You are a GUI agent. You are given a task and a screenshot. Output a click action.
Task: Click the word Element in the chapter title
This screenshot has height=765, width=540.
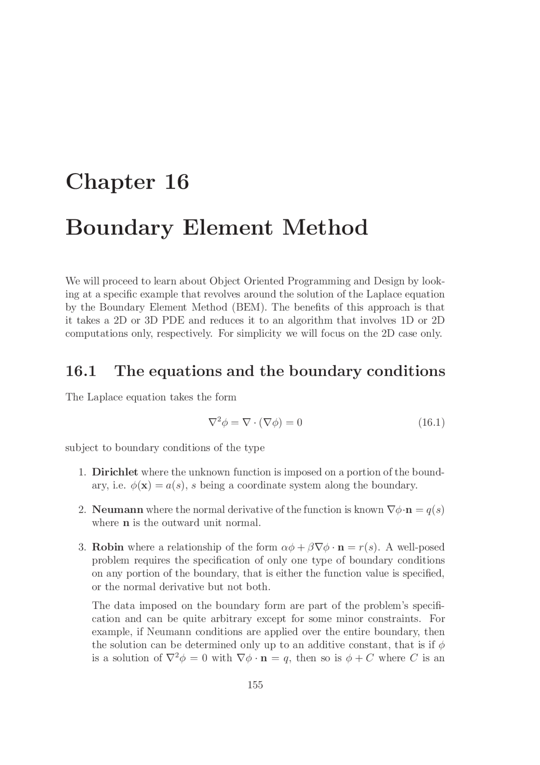(x=227, y=228)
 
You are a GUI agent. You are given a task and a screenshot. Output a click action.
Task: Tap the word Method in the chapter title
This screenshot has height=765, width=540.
(x=325, y=228)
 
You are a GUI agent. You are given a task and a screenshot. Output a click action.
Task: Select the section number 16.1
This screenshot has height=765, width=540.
(x=81, y=371)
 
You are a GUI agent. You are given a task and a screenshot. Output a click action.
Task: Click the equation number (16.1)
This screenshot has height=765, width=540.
(x=431, y=422)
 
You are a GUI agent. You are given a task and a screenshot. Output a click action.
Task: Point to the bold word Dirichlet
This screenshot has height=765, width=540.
(x=115, y=472)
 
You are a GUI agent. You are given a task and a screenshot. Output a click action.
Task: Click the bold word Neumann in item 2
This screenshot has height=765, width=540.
(x=118, y=510)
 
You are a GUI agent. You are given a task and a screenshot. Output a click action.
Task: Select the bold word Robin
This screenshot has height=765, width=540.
(x=108, y=547)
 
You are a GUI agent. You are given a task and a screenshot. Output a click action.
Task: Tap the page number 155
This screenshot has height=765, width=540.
(x=255, y=685)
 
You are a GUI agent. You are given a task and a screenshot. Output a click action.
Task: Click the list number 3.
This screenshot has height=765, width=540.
(x=82, y=547)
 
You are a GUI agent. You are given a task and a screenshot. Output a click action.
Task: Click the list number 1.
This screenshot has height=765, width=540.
(x=82, y=472)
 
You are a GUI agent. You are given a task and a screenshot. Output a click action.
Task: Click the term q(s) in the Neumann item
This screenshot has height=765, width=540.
(x=435, y=510)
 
